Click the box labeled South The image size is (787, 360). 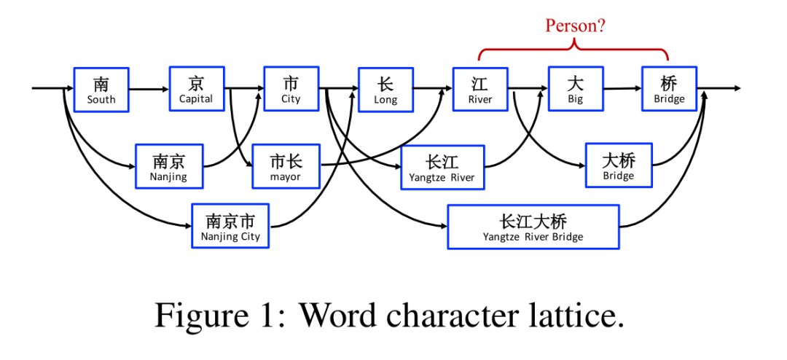point(101,90)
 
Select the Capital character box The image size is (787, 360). point(196,89)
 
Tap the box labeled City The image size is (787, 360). point(291,89)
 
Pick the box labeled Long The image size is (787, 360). point(385,90)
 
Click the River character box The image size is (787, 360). point(480,90)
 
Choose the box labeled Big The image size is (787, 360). point(575,90)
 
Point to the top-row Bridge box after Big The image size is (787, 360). point(669,89)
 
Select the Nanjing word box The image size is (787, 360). point(169,166)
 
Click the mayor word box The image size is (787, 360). point(286,166)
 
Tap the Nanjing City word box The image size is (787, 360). point(230,226)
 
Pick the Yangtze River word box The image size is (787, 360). point(442,167)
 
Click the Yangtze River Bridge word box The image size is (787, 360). point(533,227)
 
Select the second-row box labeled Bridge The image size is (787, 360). point(619,165)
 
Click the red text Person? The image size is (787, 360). point(575,26)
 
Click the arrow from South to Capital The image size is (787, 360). point(149,90)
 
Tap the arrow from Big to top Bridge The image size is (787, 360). point(622,89)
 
